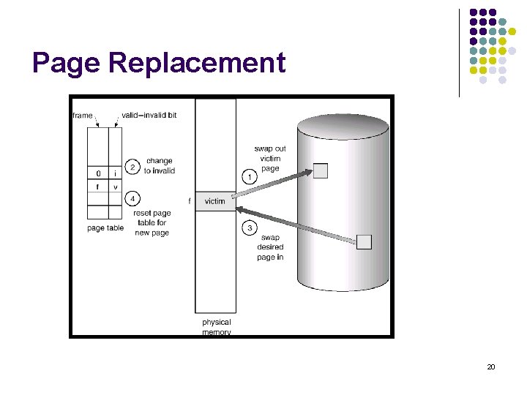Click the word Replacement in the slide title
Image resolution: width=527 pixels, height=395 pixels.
coord(196,63)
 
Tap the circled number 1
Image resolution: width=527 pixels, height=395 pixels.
coord(250,176)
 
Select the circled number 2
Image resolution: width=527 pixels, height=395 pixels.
coord(132,167)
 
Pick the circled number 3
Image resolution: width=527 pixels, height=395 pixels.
coord(250,228)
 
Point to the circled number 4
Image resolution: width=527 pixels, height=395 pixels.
coord(132,198)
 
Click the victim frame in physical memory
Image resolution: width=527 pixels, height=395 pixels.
coord(215,201)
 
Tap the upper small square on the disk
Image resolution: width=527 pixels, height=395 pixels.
coord(321,171)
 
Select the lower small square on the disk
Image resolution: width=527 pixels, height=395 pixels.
coord(364,242)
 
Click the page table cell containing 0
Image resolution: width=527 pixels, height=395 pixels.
coord(98,173)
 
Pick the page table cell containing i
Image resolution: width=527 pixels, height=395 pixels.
coord(115,173)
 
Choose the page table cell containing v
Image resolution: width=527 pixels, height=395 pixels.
coord(115,187)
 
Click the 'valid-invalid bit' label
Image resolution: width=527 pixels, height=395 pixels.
coord(149,115)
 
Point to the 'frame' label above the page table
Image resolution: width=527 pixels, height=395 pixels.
coord(83,115)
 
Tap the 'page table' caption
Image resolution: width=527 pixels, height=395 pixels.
coord(105,228)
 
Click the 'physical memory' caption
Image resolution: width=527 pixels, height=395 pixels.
coord(216,326)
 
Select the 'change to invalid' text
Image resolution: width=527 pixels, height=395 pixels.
coord(159,165)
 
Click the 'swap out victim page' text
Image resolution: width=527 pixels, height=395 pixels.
coord(270,158)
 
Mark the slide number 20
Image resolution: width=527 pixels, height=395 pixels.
coord(490,366)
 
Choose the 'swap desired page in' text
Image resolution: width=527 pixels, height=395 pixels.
coord(270,247)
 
